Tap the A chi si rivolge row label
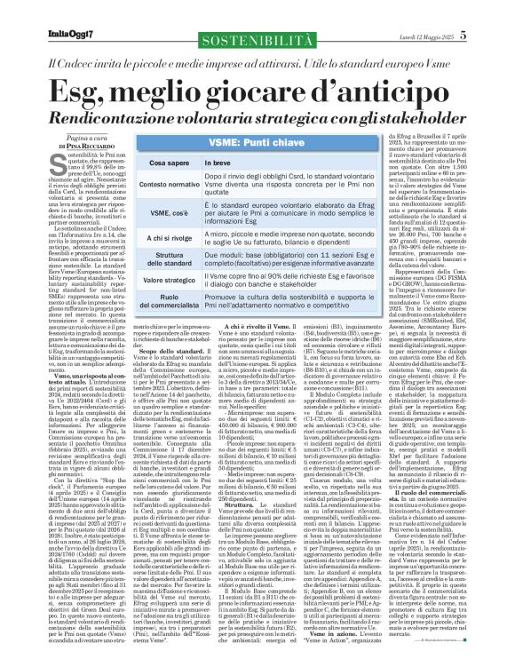(x=148, y=241)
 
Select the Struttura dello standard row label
(x=148, y=263)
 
